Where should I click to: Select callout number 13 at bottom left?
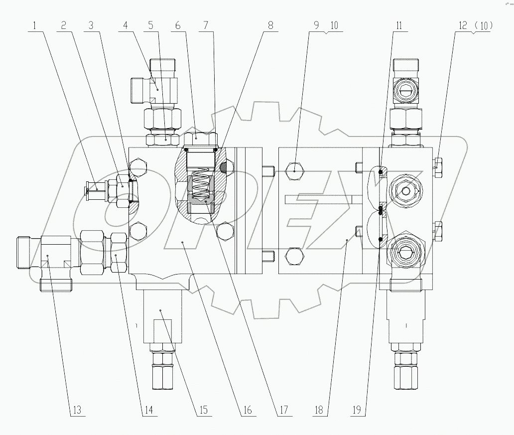pyautogui.click(x=76, y=411)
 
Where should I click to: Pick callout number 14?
pyautogui.click(x=149, y=411)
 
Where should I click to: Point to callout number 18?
pyautogui.click(x=319, y=411)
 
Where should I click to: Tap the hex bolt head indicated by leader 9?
pyautogui.click(x=294, y=170)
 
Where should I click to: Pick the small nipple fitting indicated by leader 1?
pyautogui.click(x=96, y=189)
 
